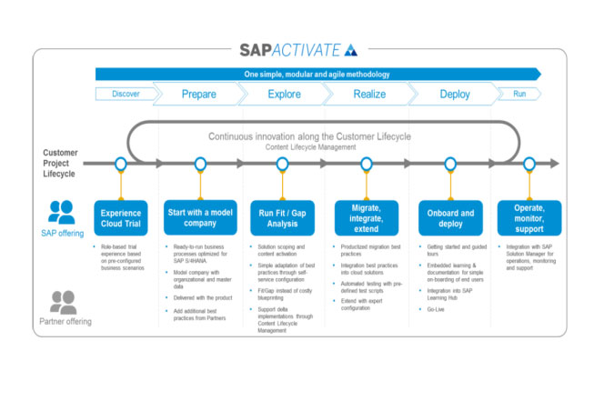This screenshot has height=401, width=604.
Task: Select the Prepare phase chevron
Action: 198,94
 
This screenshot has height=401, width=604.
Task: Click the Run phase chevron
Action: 519,94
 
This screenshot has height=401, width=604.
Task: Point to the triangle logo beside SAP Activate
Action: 352,50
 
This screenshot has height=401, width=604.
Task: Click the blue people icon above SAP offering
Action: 61,212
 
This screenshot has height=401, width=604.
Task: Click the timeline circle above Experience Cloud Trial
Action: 120,164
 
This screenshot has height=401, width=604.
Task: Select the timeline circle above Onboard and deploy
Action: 449,164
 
